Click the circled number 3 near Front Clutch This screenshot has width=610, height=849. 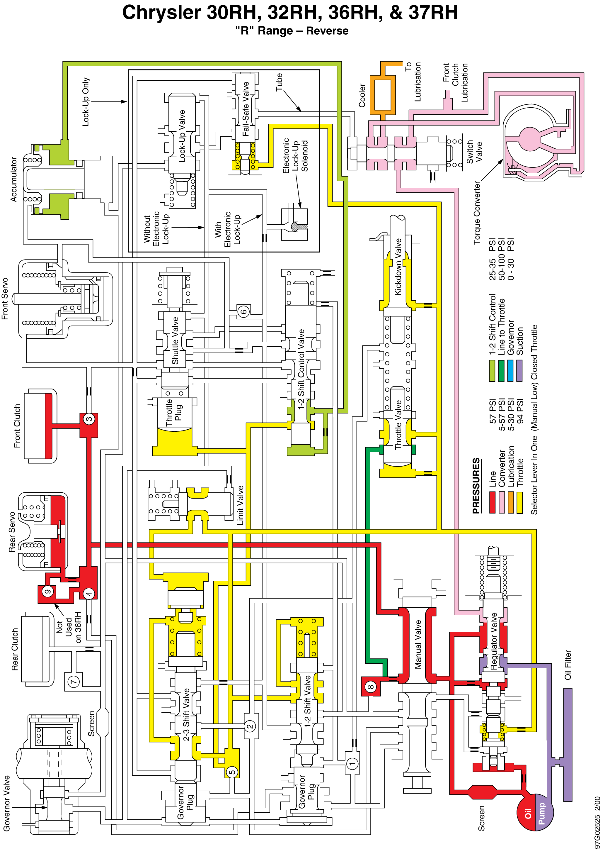pyautogui.click(x=89, y=419)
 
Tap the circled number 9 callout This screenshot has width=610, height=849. pyautogui.click(x=47, y=592)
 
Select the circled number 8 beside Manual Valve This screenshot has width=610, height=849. pyautogui.click(x=370, y=687)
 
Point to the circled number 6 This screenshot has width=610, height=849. pyautogui.click(x=243, y=311)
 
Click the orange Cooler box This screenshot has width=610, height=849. pyautogui.click(x=383, y=95)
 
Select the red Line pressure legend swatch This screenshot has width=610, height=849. pyautogui.click(x=492, y=502)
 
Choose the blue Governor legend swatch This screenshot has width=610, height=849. pyautogui.click(x=510, y=371)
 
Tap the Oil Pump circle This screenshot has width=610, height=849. pyautogui.click(x=535, y=812)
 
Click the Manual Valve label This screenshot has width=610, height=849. pyautogui.click(x=418, y=644)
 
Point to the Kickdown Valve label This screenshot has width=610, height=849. pyautogui.click(x=398, y=267)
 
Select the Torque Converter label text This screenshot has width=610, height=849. pyautogui.click(x=476, y=213)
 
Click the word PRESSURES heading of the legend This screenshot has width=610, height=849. pyautogui.click(x=476, y=486)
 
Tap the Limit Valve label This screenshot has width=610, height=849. pyautogui.click(x=240, y=505)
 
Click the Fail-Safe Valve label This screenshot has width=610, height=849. pyautogui.click(x=246, y=109)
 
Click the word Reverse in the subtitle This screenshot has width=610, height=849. pyautogui.click(x=327, y=31)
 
